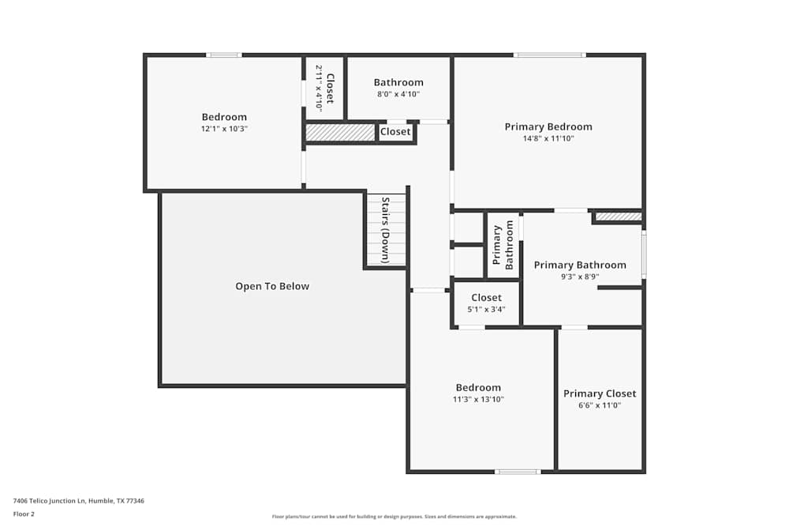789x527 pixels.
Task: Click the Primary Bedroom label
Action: click(548, 126)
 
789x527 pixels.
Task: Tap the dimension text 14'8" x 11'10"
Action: click(548, 139)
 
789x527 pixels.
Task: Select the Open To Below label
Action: click(272, 286)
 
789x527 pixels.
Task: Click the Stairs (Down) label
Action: click(386, 230)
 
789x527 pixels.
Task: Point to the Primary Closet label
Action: click(600, 393)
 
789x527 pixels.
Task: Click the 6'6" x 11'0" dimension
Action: click(600, 405)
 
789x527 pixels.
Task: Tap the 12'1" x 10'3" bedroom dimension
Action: click(224, 129)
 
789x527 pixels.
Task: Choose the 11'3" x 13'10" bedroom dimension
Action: click(478, 400)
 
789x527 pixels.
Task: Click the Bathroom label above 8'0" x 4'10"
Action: click(398, 82)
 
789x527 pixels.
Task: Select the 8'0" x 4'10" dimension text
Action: click(398, 94)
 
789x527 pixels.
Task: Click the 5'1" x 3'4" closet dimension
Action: click(486, 310)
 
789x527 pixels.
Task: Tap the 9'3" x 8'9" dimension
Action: click(580, 277)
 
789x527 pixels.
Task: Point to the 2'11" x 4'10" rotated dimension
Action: click(319, 88)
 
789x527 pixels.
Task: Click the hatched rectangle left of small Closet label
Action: click(340, 133)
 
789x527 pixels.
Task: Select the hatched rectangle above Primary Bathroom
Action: click(618, 216)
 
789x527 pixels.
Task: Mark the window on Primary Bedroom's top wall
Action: click(549, 55)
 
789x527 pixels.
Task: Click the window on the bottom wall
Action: click(518, 472)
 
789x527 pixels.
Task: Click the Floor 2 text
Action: click(24, 514)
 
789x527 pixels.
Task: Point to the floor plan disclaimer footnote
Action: click(394, 517)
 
